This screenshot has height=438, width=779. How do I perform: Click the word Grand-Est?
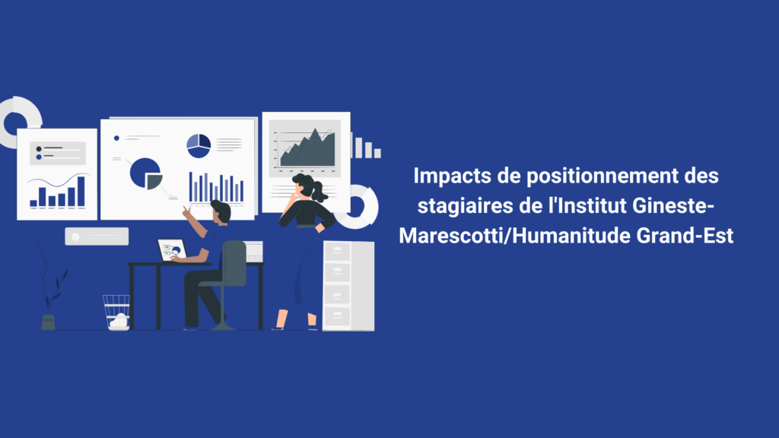click(685, 236)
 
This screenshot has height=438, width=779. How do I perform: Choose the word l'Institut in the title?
click(587, 205)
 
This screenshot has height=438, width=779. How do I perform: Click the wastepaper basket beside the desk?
click(117, 313)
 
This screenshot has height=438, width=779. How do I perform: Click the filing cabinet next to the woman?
click(348, 286)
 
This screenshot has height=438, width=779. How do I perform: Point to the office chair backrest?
click(234, 263)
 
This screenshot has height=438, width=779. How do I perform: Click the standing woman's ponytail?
click(318, 191)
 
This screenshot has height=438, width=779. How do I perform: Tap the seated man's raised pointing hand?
click(187, 212)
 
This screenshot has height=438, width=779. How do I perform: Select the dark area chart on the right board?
click(307, 148)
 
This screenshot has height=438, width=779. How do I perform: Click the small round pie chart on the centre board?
click(199, 145)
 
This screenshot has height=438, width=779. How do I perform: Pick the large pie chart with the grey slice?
click(145, 173)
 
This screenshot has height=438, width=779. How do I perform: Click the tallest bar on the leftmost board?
click(81, 191)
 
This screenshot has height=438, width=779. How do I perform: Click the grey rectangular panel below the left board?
click(97, 236)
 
